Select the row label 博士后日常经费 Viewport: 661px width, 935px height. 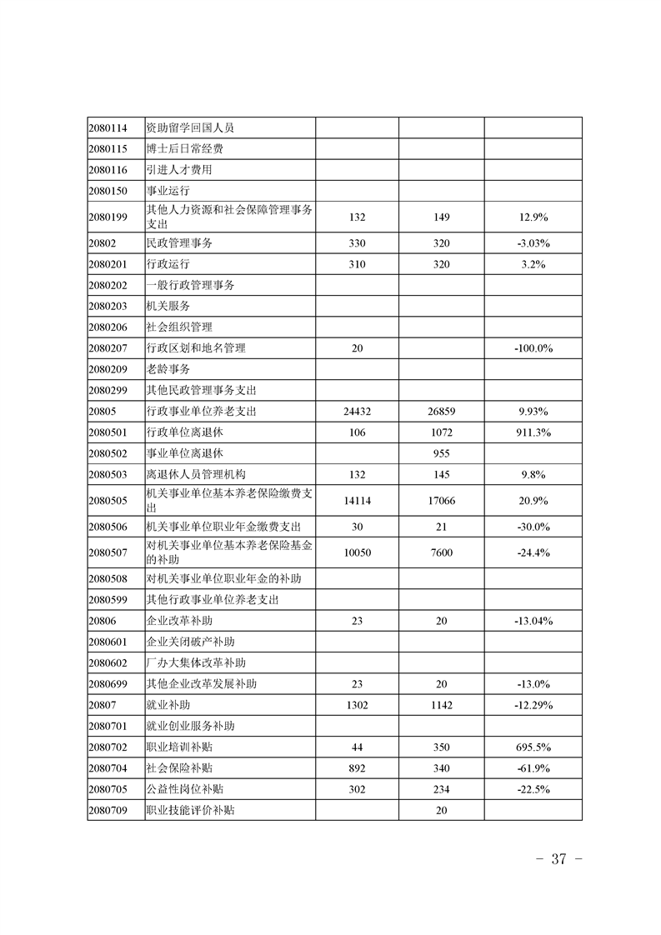(x=183, y=149)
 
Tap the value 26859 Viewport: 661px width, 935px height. (x=442, y=412)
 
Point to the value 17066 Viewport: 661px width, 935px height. (x=442, y=500)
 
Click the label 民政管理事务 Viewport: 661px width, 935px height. (x=178, y=243)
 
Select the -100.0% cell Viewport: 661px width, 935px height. (x=533, y=348)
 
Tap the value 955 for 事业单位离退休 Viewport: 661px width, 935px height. (x=442, y=453)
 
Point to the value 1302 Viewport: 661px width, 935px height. (x=358, y=705)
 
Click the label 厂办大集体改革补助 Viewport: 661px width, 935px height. (x=195, y=663)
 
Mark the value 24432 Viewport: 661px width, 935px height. (x=358, y=412)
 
